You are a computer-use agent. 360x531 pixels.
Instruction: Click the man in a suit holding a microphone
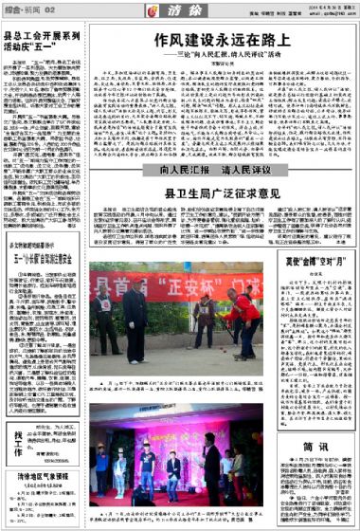174,464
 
